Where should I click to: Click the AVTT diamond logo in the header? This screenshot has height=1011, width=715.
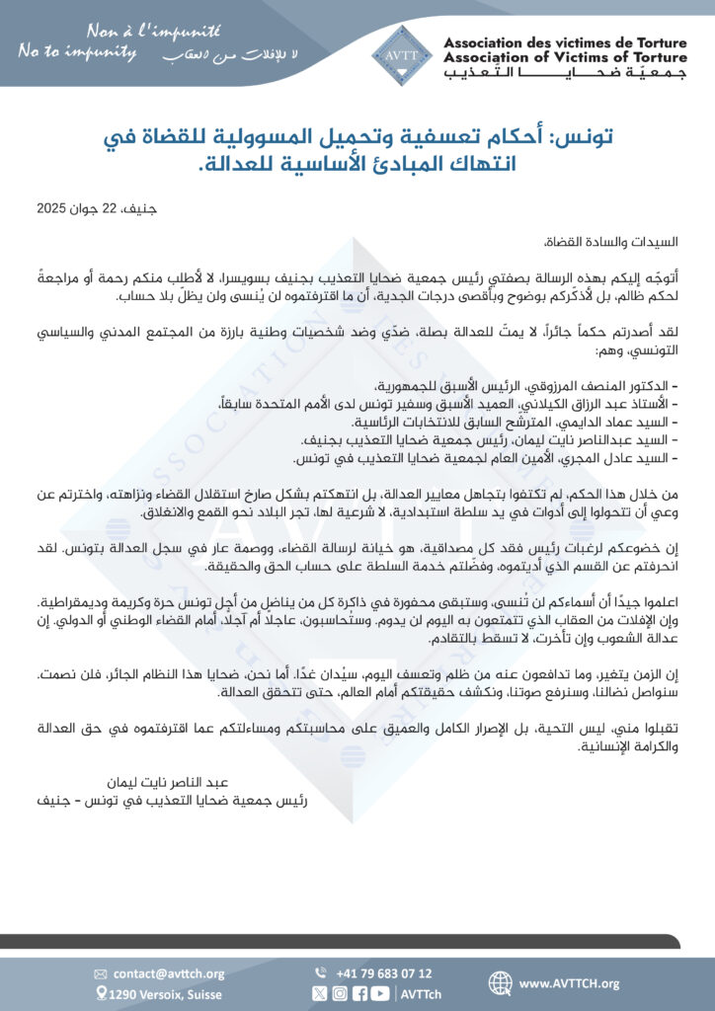click(x=401, y=54)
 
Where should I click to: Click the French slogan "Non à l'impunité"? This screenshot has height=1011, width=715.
click(x=142, y=31)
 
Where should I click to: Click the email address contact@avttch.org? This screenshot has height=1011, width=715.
click(x=169, y=973)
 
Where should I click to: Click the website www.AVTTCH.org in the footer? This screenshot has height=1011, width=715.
click(x=569, y=983)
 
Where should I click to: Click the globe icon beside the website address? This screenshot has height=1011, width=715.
click(x=502, y=983)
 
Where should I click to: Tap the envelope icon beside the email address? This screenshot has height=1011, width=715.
click(x=100, y=974)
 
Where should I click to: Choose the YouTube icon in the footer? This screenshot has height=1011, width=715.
click(x=379, y=994)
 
